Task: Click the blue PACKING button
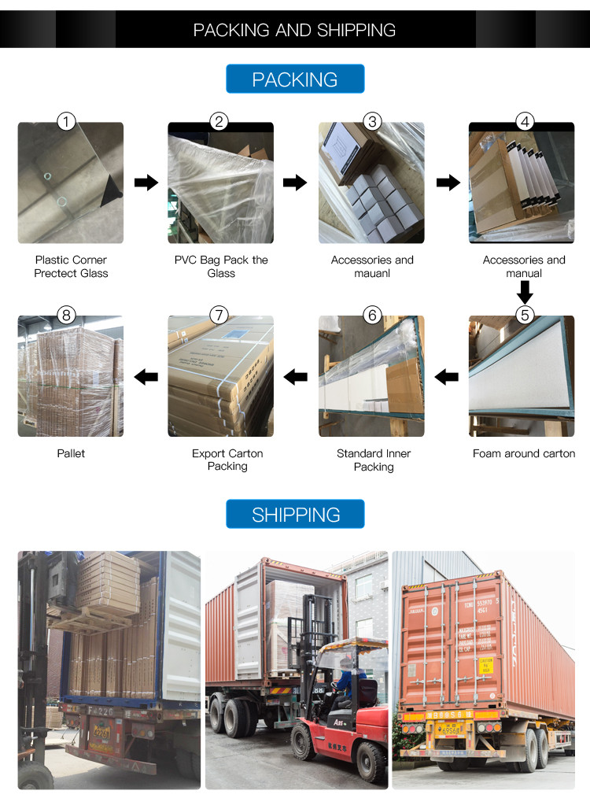295,79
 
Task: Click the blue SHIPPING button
295,515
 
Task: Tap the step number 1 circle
67,121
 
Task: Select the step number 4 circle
525,121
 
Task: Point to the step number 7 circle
219,315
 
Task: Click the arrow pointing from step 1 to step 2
146,183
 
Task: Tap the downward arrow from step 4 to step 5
525,292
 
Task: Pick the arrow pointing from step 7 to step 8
146,377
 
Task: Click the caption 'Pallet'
71,453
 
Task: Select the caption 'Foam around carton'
524,453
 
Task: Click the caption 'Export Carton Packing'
227,460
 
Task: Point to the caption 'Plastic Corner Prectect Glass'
71,266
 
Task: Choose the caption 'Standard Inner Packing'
374,460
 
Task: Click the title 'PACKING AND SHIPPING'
295,30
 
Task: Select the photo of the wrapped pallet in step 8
71,376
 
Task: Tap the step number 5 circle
525,315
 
